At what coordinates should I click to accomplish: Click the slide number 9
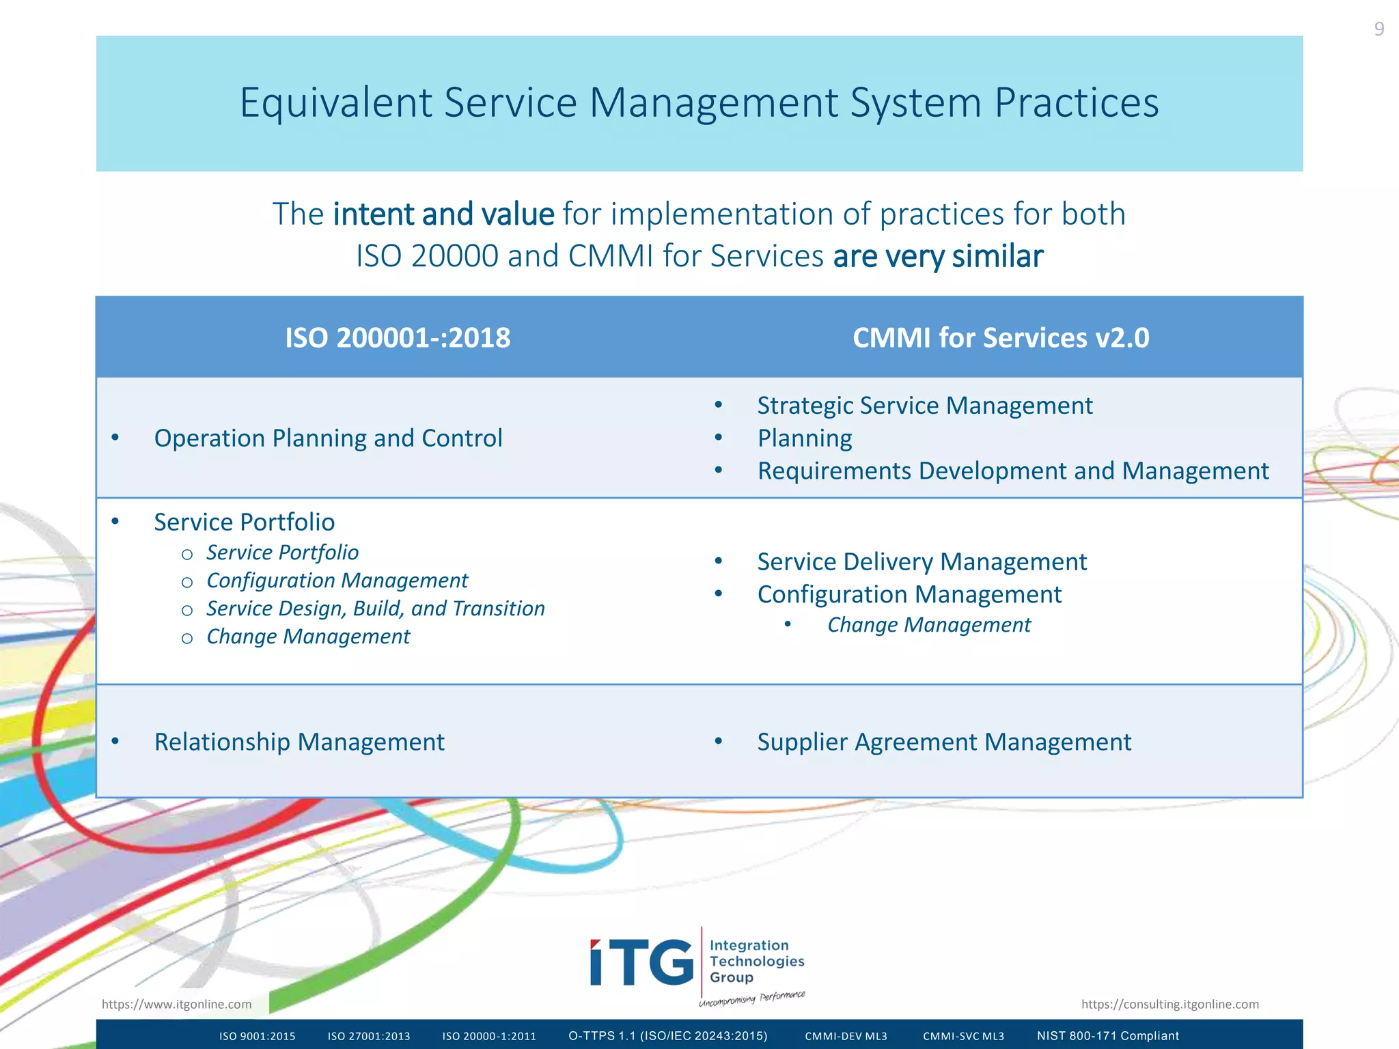1379,29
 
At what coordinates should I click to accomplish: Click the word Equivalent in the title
335,103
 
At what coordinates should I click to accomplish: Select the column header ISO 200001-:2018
397,338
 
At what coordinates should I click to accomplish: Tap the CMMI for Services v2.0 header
1000,338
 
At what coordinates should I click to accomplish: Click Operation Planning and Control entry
328,438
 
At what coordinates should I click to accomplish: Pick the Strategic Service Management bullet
924,406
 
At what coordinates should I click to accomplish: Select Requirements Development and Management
1012,471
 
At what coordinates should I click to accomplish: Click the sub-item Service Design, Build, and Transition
375,609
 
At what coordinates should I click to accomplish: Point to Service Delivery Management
922,562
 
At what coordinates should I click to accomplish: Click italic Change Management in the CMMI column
928,625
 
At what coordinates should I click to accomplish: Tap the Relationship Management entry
299,742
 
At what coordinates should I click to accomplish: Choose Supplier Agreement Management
943,742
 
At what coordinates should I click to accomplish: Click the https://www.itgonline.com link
176,1004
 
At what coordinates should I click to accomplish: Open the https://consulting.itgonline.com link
1169,1004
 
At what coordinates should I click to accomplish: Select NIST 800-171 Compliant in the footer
1107,1036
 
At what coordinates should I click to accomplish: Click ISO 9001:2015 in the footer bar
257,1036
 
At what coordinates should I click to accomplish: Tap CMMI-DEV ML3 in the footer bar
846,1036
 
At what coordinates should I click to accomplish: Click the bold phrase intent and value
443,214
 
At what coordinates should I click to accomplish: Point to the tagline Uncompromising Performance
751,998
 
